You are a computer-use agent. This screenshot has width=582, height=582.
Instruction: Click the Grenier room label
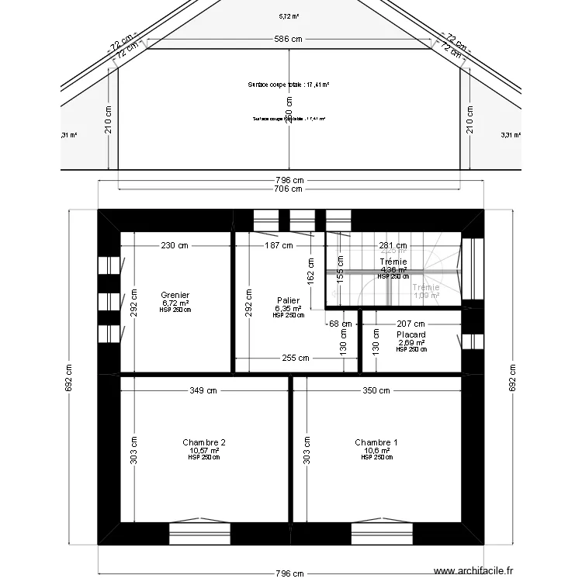176,295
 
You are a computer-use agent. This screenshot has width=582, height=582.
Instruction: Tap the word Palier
288,300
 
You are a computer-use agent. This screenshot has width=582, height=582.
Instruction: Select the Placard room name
411,335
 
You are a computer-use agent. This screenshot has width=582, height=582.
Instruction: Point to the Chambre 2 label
204,442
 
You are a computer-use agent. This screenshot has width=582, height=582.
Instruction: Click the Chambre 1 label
376,442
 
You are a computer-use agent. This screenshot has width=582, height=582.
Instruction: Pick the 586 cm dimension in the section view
289,39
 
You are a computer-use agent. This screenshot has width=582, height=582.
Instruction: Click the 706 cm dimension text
289,189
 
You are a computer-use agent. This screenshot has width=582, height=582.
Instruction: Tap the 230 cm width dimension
175,246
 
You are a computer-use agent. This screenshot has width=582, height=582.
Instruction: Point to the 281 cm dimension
392,246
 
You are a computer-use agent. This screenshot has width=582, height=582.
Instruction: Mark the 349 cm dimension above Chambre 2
203,391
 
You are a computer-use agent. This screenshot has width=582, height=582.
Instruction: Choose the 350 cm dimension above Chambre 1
376,391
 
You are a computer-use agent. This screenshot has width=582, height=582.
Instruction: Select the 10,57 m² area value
204,450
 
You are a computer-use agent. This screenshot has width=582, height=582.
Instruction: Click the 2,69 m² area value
411,342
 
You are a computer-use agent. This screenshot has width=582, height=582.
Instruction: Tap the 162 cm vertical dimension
310,275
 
